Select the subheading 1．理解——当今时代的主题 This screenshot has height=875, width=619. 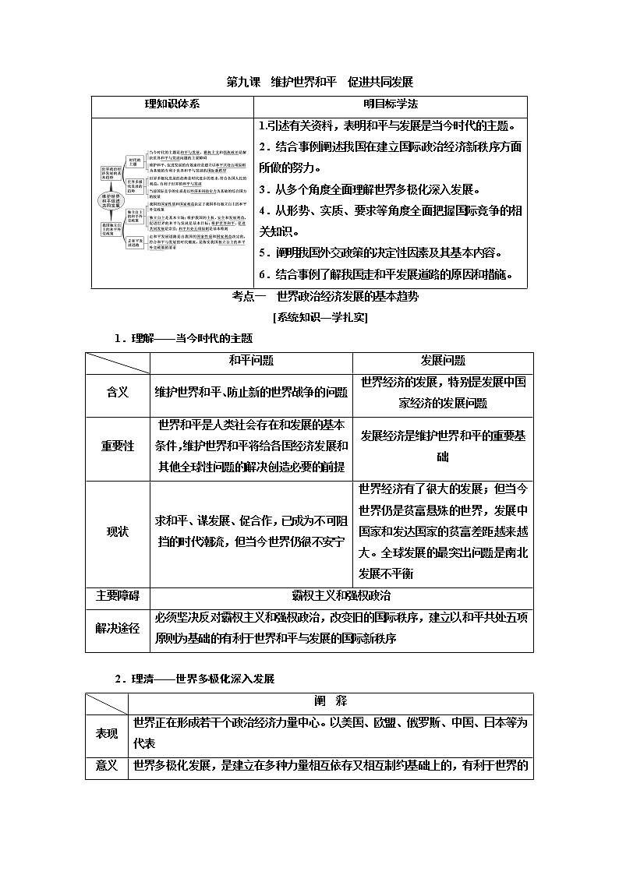click(x=183, y=338)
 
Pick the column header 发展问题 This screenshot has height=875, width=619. click(x=443, y=361)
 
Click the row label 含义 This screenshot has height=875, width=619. click(x=117, y=392)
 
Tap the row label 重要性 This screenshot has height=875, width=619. click(x=117, y=446)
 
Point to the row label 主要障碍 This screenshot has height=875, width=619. click(x=117, y=595)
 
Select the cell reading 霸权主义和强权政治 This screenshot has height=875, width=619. click(x=341, y=595)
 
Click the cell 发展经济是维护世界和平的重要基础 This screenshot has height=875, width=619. click(x=443, y=446)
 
